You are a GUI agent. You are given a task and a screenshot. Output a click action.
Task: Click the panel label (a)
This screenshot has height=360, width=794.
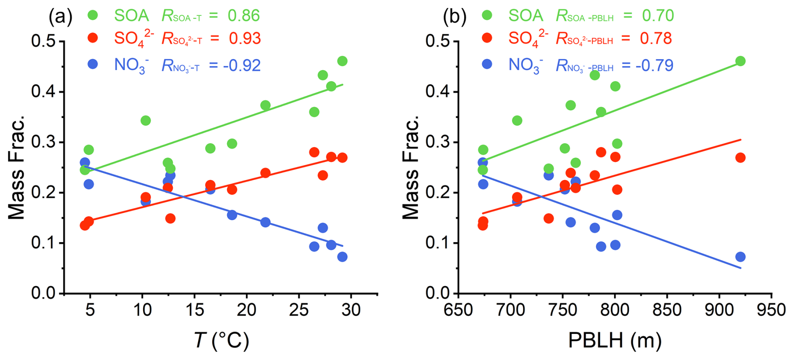60,17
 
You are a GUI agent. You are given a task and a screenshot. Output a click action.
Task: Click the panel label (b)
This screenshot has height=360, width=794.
455,17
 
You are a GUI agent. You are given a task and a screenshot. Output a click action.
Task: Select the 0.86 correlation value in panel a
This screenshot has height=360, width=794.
244,16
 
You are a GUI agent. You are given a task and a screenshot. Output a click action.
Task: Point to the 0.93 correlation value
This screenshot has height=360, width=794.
245,39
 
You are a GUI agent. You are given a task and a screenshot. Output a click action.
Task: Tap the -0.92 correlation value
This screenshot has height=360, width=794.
242,65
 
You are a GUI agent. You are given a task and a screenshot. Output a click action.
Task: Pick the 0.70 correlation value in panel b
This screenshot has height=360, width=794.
658,16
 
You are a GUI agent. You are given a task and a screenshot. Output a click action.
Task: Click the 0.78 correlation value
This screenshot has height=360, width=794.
656,39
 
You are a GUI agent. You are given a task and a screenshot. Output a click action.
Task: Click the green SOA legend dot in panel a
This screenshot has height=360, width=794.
93,16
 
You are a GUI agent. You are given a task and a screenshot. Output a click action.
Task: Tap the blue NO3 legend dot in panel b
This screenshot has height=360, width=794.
487,64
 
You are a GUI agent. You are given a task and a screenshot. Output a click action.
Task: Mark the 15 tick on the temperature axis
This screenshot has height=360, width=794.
194,310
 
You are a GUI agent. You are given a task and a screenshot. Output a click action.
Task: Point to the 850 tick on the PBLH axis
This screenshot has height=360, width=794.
667,310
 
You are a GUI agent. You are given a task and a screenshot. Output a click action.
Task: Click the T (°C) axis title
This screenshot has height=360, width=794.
222,340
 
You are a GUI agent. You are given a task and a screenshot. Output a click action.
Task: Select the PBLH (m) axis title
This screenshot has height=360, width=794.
615,340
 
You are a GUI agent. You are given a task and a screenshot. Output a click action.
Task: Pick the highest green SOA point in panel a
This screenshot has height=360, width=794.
342,61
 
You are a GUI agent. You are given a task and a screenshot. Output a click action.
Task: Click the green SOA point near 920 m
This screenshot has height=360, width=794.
740,61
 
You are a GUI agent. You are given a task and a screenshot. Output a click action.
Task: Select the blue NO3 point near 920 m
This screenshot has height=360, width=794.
740,257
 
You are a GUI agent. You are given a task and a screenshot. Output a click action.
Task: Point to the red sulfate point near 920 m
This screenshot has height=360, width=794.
740,158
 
